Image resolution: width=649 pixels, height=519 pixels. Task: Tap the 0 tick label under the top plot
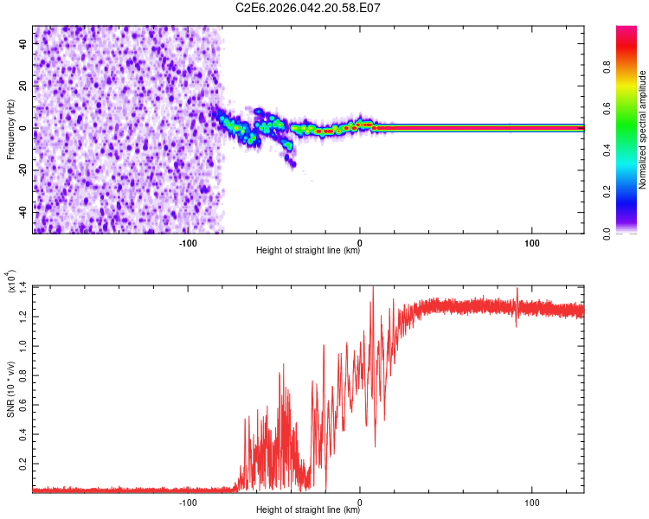coord(360,241)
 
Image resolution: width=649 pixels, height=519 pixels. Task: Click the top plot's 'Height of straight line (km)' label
coord(308,251)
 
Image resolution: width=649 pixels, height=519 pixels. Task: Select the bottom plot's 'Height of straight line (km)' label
coord(308,510)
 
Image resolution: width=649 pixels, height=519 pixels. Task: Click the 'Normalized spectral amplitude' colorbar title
coord(642,130)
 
